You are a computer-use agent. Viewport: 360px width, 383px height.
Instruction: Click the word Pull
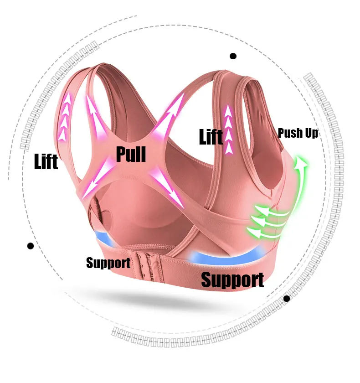tap(131, 154)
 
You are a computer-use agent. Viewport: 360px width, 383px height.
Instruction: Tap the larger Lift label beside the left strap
tap(46, 161)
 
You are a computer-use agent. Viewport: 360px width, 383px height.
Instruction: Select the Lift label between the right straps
tap(211, 136)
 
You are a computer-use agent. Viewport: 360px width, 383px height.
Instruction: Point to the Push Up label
tap(298, 133)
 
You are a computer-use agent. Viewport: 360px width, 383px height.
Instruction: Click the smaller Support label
tap(108, 263)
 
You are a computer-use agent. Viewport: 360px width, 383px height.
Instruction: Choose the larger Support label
tap(232, 279)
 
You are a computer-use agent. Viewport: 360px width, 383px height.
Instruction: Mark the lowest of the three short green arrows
tap(264, 233)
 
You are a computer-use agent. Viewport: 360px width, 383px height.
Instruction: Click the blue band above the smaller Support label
tap(107, 240)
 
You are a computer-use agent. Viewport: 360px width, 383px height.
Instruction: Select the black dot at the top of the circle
tap(233, 56)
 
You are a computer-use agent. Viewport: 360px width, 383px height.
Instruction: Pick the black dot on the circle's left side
tap(31, 246)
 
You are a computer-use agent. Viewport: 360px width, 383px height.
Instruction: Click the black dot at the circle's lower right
tap(287, 299)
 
